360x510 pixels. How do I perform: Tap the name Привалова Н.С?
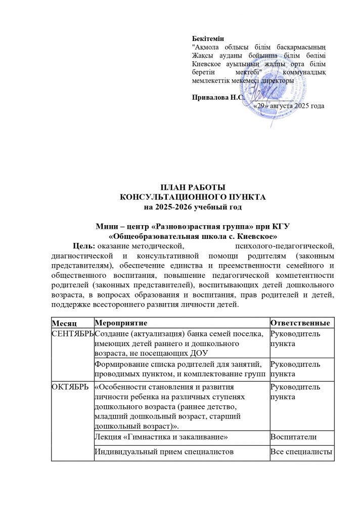pos(212,97)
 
